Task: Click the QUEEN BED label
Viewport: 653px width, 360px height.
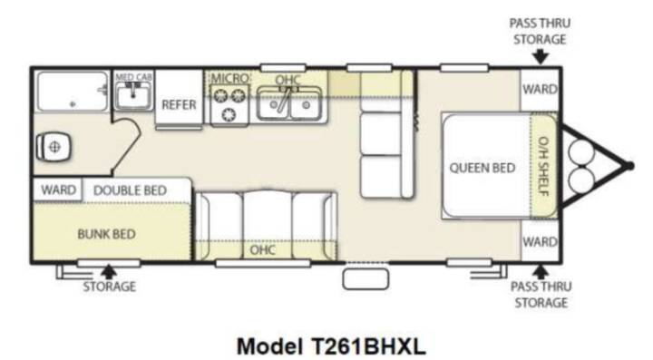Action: (x=482, y=168)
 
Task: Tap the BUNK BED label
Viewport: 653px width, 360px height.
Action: (x=106, y=234)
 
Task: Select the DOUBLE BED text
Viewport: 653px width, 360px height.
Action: (x=130, y=190)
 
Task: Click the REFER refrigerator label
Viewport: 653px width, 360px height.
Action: (x=179, y=104)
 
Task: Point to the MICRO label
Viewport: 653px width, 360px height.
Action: (x=229, y=78)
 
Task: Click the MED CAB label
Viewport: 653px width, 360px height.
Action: (x=133, y=77)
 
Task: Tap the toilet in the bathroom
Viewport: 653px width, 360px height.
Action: (x=54, y=147)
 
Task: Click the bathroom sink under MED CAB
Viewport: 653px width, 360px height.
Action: (x=132, y=96)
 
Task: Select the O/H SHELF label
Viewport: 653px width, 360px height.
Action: (x=543, y=166)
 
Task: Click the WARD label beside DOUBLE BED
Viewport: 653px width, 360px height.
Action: (x=58, y=190)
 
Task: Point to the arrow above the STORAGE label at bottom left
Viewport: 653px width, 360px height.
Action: (x=109, y=271)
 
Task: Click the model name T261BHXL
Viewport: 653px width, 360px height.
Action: (x=368, y=345)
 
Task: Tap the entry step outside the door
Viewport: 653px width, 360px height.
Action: (x=365, y=279)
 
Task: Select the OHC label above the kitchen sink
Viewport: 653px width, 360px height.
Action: (x=288, y=79)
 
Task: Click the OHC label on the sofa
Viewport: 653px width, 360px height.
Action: (x=262, y=249)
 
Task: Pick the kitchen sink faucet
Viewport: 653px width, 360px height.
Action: (x=286, y=100)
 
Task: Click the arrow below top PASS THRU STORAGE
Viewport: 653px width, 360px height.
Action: (x=541, y=56)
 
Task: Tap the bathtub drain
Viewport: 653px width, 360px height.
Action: (x=73, y=104)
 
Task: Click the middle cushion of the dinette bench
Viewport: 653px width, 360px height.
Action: (x=381, y=133)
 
